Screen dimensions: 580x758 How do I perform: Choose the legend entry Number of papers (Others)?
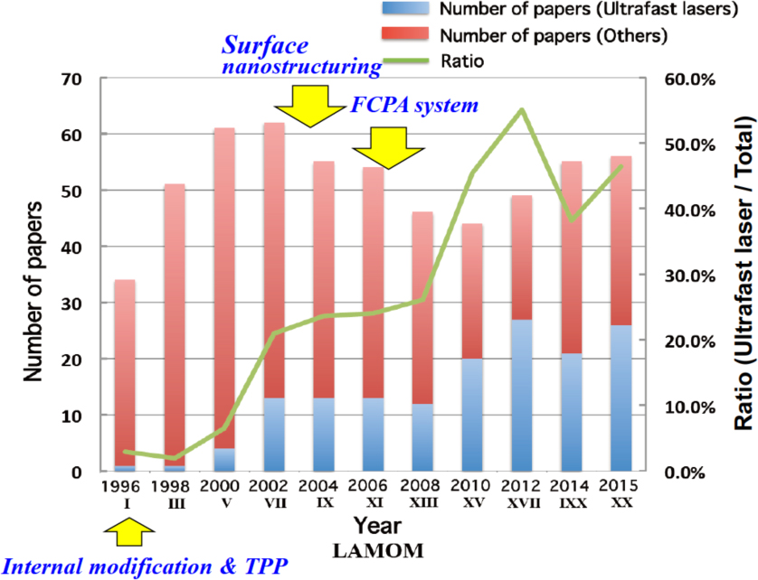538,37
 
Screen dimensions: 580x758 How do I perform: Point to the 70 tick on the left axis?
71,79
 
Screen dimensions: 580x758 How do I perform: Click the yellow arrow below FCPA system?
381,146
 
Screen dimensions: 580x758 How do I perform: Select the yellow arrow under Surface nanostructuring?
304,105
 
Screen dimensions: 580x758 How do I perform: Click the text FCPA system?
413,107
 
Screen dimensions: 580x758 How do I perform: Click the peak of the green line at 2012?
519,110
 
